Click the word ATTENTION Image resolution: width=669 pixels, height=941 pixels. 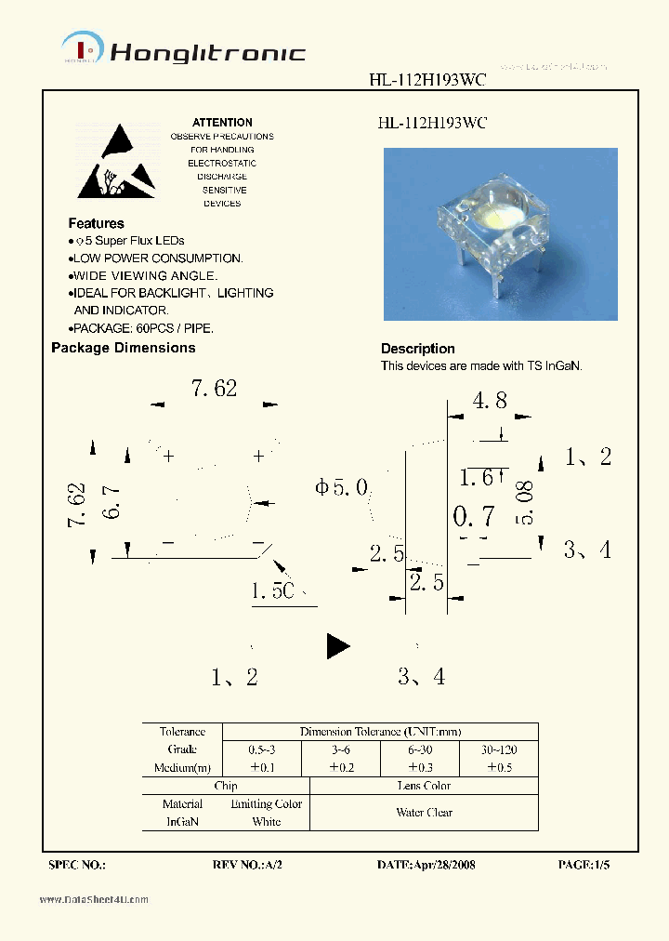[222, 123]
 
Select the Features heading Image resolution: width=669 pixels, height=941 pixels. [96, 223]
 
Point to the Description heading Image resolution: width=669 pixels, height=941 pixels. [417, 349]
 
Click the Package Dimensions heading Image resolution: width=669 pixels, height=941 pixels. [123, 348]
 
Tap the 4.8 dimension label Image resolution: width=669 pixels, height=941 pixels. [490, 401]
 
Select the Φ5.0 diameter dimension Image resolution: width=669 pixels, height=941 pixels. [342, 487]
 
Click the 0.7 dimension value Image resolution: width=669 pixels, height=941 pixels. [473, 517]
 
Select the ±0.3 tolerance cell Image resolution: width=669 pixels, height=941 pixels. [421, 768]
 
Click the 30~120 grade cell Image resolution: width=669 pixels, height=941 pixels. [499, 749]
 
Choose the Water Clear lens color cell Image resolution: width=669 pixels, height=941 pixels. [424, 813]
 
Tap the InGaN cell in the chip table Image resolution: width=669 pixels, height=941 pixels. [182, 822]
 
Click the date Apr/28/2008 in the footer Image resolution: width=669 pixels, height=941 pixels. [426, 865]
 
